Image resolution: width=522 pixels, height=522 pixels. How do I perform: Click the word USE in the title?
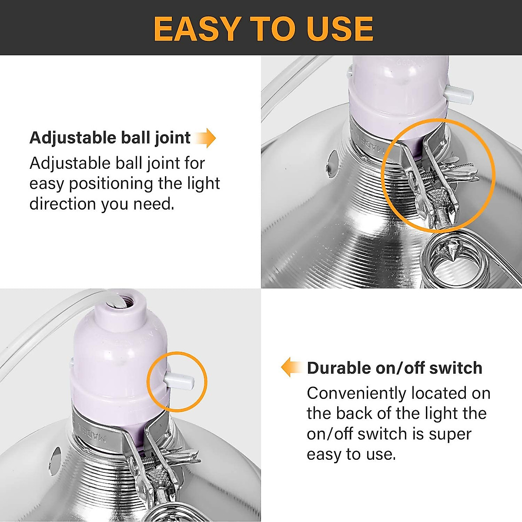[x=340, y=29]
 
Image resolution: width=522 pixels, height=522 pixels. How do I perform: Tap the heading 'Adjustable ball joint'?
[x=110, y=138]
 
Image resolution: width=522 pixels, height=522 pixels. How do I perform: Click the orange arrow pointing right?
[x=205, y=138]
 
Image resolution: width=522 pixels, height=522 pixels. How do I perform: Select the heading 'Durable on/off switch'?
[x=395, y=368]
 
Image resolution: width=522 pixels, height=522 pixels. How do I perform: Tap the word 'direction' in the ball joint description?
[x=63, y=204]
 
